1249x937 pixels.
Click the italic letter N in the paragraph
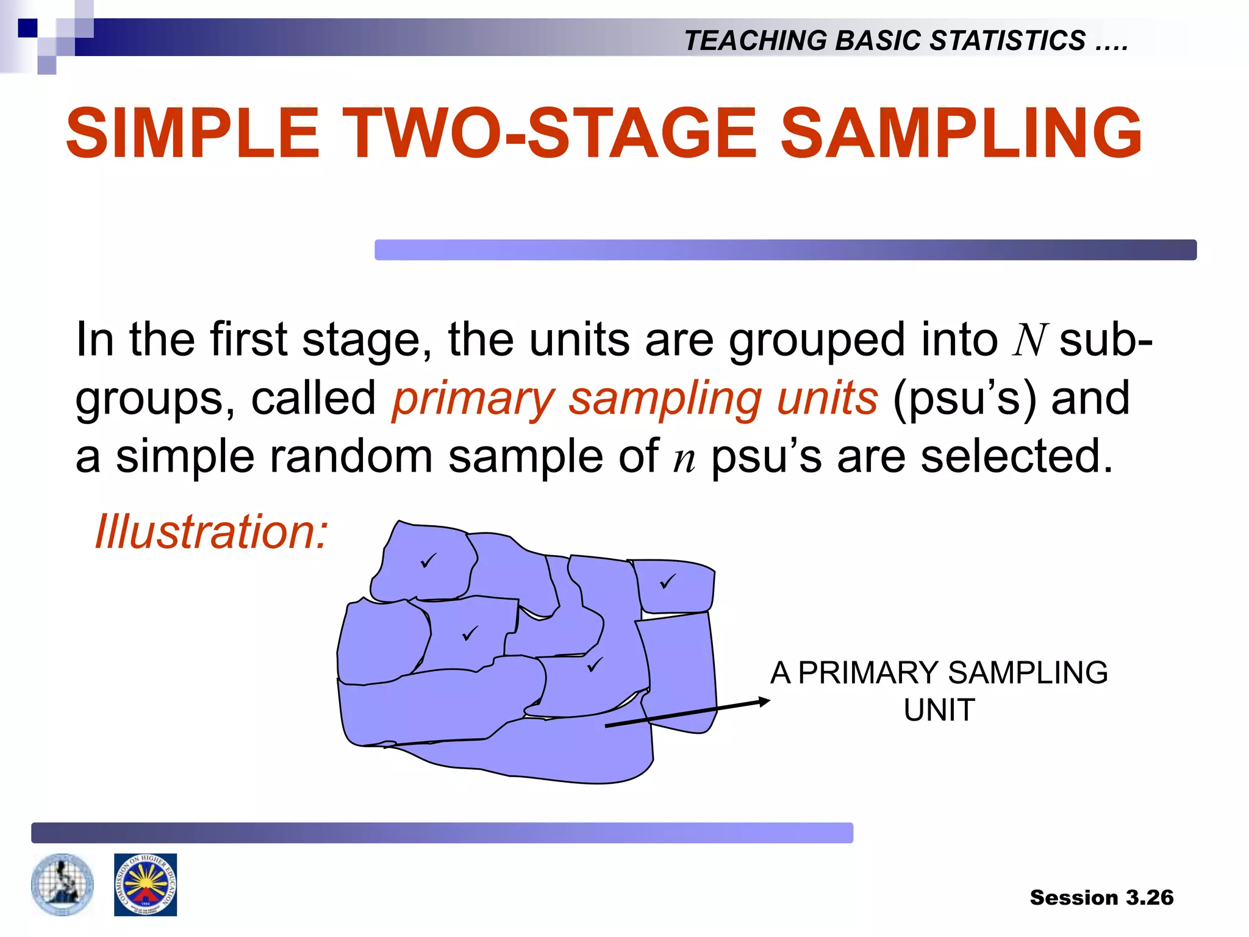pos(1029,340)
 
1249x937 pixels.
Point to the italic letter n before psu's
pos(684,458)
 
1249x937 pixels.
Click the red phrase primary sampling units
pos(635,398)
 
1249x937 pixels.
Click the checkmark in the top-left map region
pos(429,559)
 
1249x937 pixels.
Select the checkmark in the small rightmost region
pos(668,581)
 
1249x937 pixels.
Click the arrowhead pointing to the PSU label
pos(764,702)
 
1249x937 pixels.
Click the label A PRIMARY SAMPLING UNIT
pos(939,691)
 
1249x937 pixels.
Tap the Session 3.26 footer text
pos(1101,897)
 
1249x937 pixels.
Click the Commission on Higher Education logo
pos(145,885)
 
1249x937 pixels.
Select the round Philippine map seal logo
pos(62,885)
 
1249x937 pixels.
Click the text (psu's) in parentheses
pos(964,398)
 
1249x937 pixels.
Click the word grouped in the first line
pos(817,340)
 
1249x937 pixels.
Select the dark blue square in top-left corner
pos(27,28)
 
